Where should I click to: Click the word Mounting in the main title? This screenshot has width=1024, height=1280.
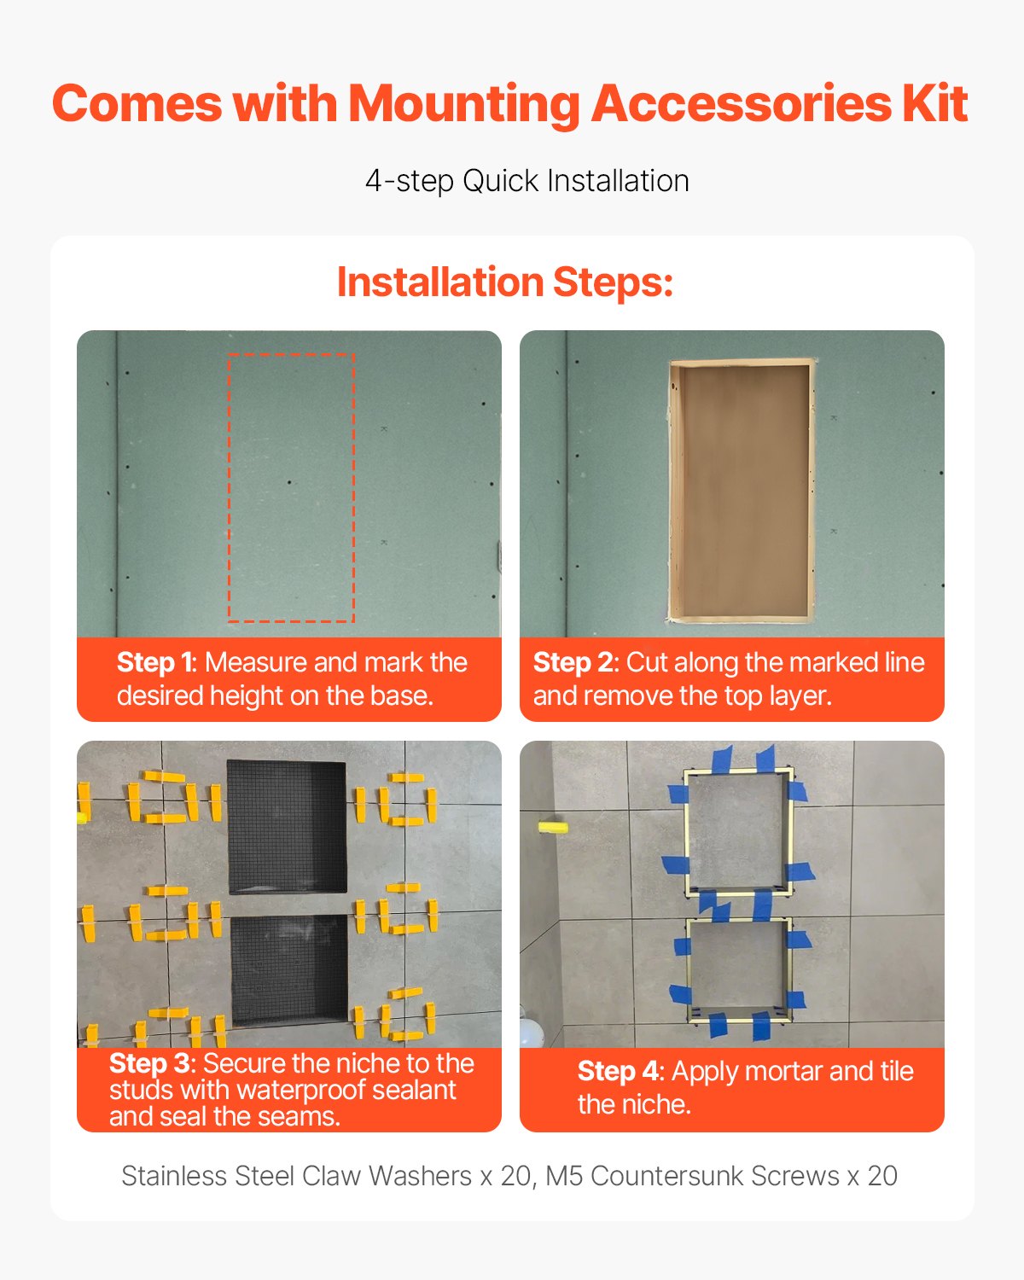(x=465, y=105)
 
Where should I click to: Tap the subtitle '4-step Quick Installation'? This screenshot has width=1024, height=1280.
(x=527, y=181)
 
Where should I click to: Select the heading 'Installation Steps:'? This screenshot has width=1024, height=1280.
(x=505, y=282)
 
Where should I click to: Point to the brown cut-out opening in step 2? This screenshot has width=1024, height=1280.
(x=740, y=489)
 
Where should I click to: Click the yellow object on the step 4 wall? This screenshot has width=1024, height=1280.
(x=552, y=827)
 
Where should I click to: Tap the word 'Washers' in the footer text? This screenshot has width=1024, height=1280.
(x=420, y=1176)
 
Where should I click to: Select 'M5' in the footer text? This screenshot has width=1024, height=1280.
(x=564, y=1176)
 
